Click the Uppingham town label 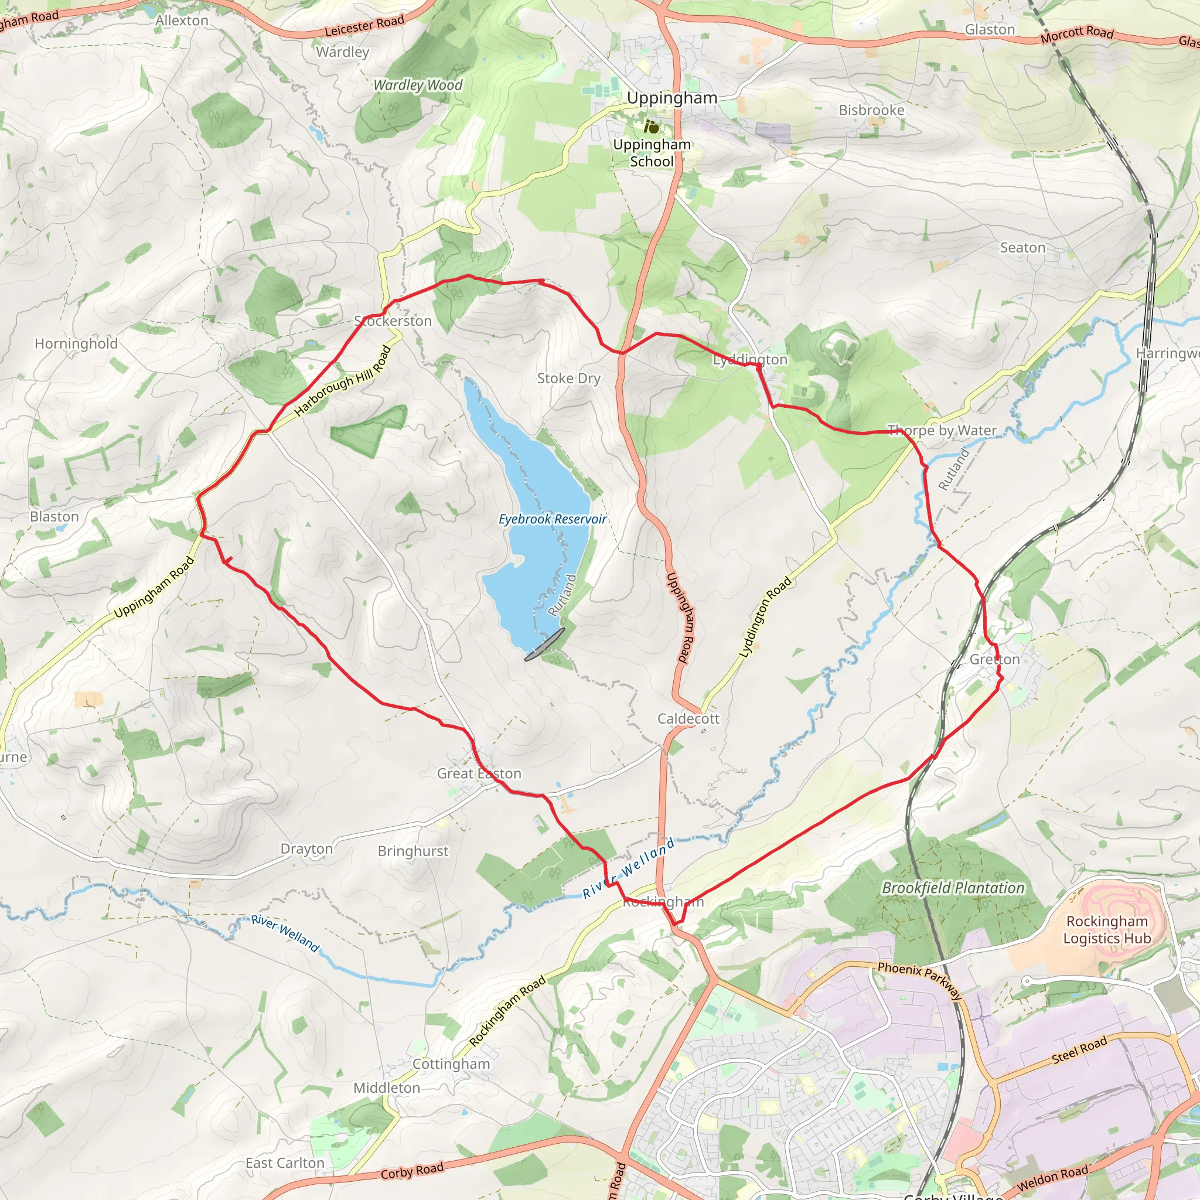tap(671, 98)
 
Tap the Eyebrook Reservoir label tap(552, 519)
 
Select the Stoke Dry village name tap(568, 379)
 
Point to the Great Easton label tap(479, 773)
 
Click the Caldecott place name tap(688, 718)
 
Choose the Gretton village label tap(994, 659)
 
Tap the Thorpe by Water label tap(942, 431)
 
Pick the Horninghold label tap(76, 343)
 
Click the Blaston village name tap(54, 517)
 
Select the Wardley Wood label tap(417, 85)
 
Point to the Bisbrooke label tap(871, 110)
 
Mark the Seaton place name tap(1022, 248)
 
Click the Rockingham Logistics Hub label tap(1107, 930)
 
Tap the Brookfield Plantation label tap(953, 888)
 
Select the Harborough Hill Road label tap(343, 381)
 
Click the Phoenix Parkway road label tap(920, 980)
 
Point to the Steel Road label tap(1079, 1051)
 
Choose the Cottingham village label tap(451, 1064)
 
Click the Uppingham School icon tap(651, 127)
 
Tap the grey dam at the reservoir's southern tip tap(545, 644)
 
